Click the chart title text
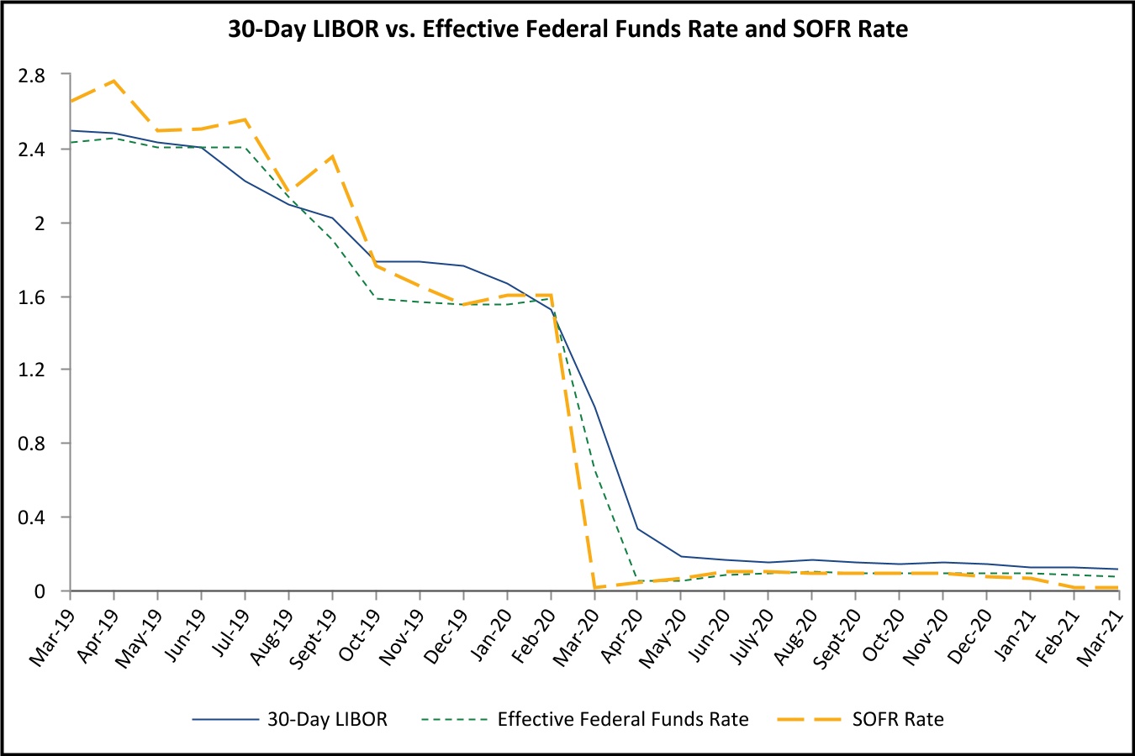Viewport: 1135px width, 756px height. (x=567, y=30)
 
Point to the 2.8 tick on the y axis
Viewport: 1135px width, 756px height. (x=31, y=76)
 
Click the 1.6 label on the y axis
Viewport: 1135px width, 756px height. (x=31, y=297)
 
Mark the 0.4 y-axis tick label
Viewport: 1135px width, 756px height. (x=31, y=517)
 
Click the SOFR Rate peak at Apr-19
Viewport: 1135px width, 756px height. (x=113, y=81)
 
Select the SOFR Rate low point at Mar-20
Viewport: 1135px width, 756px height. (x=594, y=587)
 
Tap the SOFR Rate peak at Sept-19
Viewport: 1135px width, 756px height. (x=332, y=156)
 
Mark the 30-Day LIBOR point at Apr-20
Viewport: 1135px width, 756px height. (x=637, y=528)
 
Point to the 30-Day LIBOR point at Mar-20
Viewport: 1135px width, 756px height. (x=594, y=407)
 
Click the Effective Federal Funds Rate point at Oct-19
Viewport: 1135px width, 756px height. (x=376, y=298)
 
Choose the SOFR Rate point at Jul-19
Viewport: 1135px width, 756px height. (x=245, y=119)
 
